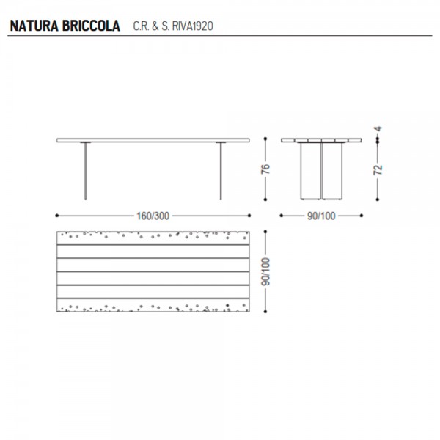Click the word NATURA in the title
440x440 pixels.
click(34, 26)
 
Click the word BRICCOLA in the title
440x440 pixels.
click(91, 26)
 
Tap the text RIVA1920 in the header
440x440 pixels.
click(192, 26)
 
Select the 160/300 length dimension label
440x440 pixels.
click(153, 216)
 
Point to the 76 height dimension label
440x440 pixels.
click(265, 169)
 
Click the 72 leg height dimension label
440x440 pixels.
click(378, 169)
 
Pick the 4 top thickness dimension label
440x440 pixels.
click(378, 129)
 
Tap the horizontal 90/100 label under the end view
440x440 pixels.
click(321, 216)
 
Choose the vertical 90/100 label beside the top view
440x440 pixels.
click(265, 271)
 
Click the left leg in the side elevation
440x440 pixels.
click(85, 171)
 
